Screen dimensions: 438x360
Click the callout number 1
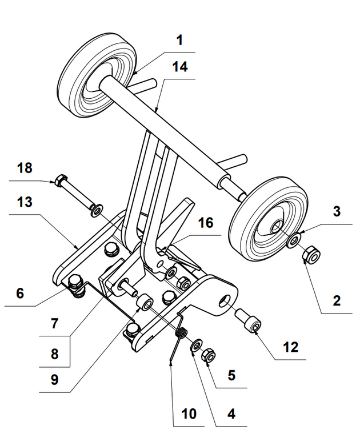point(179,42)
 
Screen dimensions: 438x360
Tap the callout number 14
point(179,67)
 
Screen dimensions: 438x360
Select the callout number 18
point(25,168)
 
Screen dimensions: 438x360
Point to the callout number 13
point(25,203)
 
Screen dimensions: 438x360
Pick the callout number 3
point(337,211)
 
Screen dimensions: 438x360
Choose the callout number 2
point(337,300)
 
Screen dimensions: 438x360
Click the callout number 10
point(190,413)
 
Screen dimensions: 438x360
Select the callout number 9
point(54,379)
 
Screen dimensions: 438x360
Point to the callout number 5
point(231,376)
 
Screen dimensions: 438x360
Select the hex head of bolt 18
point(59,182)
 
